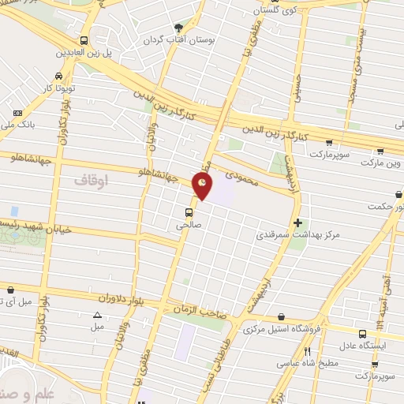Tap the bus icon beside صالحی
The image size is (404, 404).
tap(189, 211)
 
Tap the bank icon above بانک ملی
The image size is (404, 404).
tap(18, 114)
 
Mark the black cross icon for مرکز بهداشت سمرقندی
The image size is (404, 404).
tap(297, 223)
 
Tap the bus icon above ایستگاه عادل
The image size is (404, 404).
tap(362, 334)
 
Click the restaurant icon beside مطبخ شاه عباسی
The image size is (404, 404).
tap(309, 351)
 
